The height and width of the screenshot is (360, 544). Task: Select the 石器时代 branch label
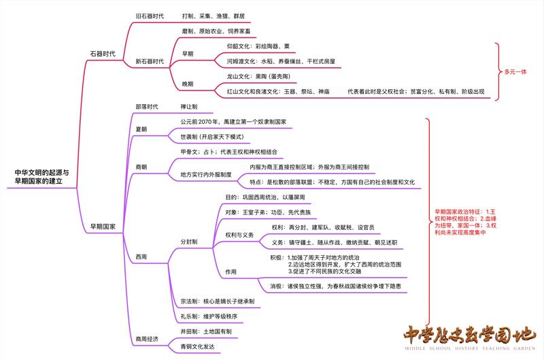(x=103, y=52)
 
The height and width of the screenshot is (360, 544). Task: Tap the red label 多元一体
(x=515, y=71)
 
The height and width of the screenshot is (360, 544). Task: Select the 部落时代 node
(x=147, y=107)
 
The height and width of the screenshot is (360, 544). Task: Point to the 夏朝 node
(x=141, y=129)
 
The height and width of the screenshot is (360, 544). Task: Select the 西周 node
(x=141, y=257)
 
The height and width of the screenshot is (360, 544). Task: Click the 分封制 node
(x=189, y=242)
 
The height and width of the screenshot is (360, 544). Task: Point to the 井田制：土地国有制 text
(x=206, y=331)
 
